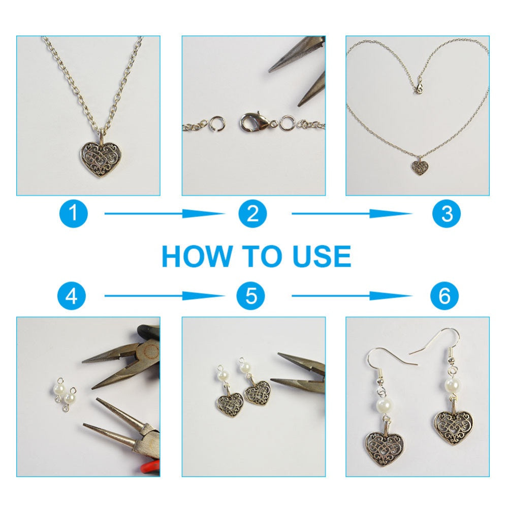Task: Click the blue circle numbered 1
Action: [74, 213]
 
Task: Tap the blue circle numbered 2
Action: [252, 213]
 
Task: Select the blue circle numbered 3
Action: [447, 213]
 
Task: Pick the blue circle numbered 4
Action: [72, 296]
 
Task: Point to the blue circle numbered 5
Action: [251, 296]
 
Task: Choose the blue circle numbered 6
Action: [444, 296]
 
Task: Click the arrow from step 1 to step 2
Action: [165, 213]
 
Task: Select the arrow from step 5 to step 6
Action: [352, 296]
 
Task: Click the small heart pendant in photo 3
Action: [420, 166]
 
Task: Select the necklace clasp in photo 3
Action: [420, 86]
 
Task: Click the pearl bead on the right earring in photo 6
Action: [452, 385]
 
